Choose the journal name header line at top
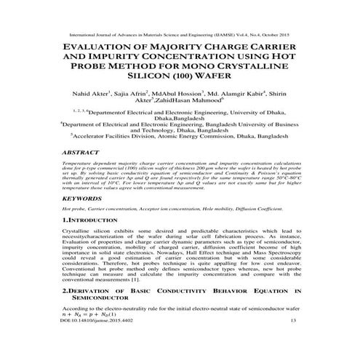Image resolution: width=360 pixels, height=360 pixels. click(x=180, y=33)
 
